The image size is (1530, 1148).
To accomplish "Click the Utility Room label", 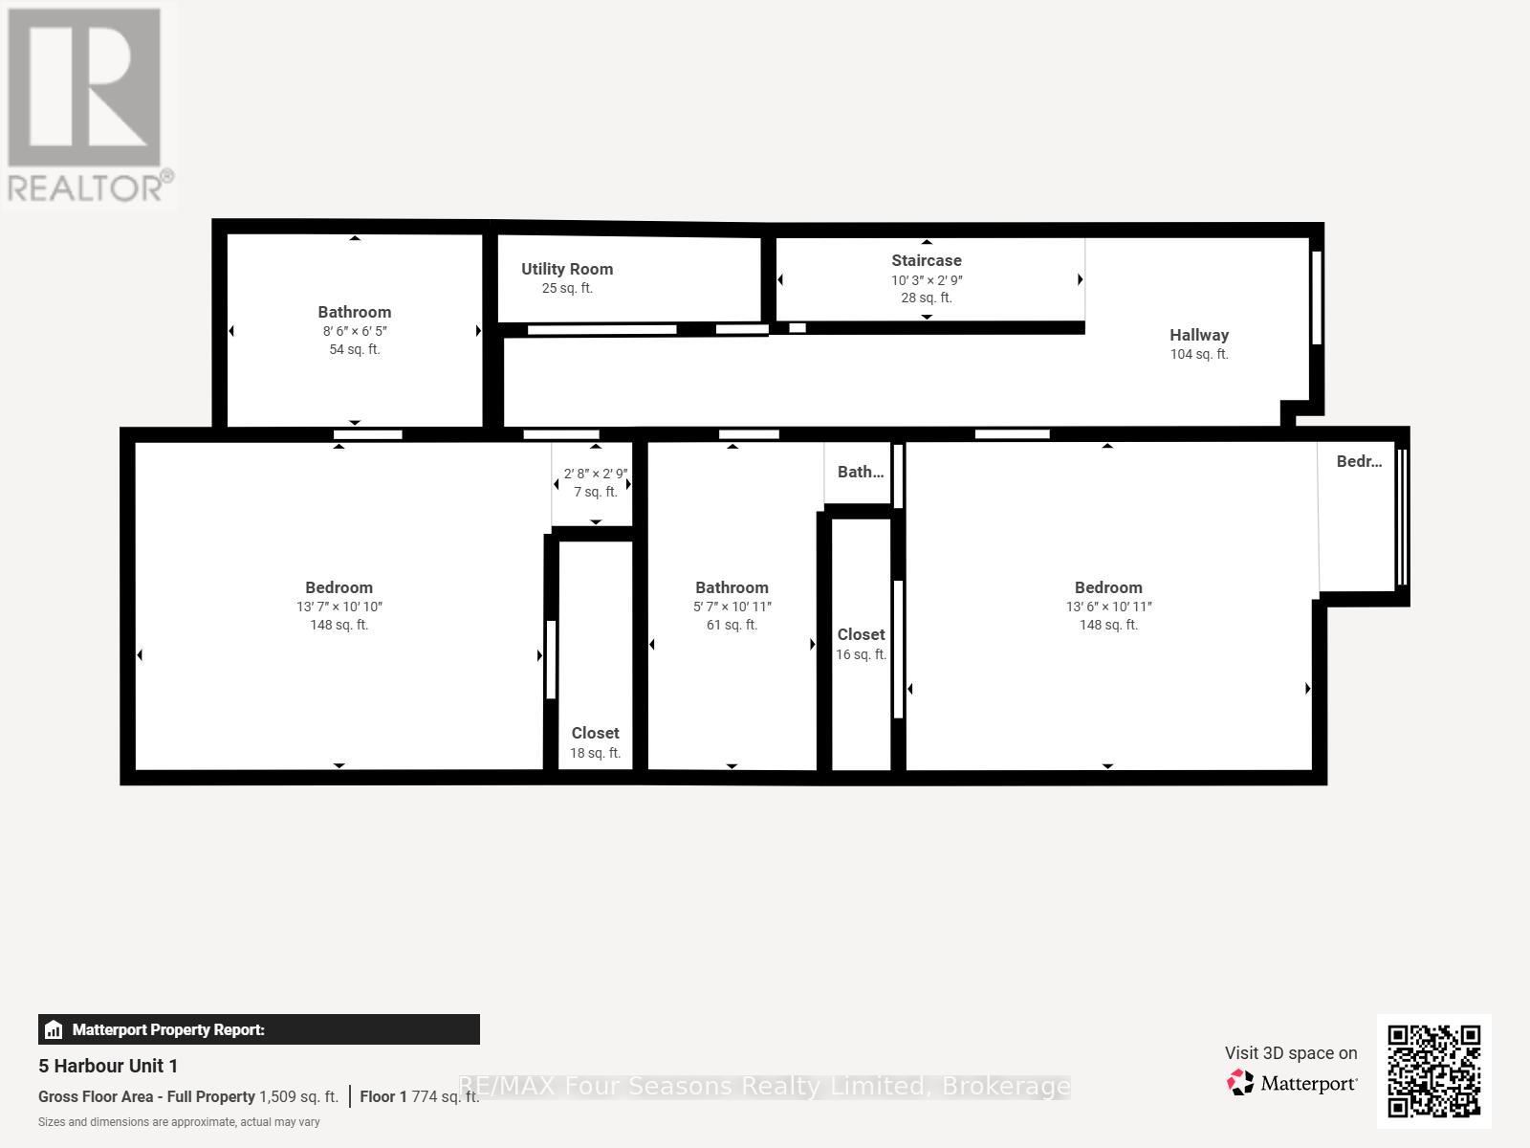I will click(x=567, y=269).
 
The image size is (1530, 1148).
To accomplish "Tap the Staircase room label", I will click(x=926, y=260).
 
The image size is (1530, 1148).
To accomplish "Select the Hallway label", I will click(x=1198, y=335).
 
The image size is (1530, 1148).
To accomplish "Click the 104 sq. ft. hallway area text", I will click(x=1198, y=354).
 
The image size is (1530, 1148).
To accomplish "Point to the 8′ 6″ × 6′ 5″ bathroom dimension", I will click(x=354, y=331).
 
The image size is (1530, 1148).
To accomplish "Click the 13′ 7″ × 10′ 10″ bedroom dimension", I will click(x=339, y=607).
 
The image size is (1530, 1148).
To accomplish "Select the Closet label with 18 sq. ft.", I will click(x=595, y=733).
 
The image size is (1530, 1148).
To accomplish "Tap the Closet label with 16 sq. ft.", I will click(x=861, y=634).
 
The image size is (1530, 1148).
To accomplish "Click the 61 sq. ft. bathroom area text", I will click(x=732, y=625).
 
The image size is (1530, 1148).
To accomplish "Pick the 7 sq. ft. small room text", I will click(x=595, y=492).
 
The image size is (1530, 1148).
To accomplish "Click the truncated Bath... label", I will click(x=860, y=472).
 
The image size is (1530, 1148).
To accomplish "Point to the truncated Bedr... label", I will click(x=1358, y=461).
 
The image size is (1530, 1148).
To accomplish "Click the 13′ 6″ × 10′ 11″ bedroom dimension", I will click(x=1108, y=607).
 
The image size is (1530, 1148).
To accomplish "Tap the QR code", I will click(x=1433, y=1071).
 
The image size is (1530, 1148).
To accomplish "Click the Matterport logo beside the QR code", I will click(x=1292, y=1083).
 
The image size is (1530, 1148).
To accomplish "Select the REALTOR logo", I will click(x=88, y=105).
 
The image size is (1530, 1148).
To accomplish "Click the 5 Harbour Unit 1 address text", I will click(x=108, y=1066).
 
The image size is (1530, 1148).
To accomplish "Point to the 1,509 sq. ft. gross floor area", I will click(x=298, y=1097).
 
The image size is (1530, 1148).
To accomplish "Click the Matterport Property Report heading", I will click(x=168, y=1029).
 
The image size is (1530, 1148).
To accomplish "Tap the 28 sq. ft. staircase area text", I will click(x=926, y=298).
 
